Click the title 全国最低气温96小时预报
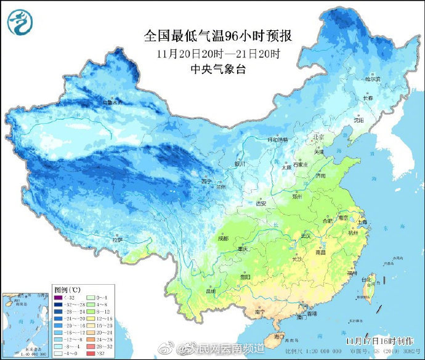pyautogui.click(x=218, y=36)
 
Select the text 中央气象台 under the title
pyautogui.click(x=218, y=69)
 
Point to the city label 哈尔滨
pyautogui.click(x=372, y=79)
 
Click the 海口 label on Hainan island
pyautogui.click(x=279, y=337)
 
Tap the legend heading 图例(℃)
pyautogui.click(x=65, y=289)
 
